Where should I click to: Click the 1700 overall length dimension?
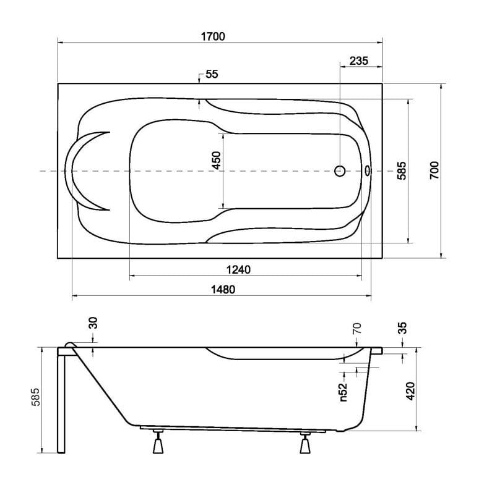[213, 36]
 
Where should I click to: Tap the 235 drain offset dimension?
[359, 61]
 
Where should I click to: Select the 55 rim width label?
[212, 74]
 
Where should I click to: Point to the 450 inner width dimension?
[217, 161]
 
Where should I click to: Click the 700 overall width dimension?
[434, 170]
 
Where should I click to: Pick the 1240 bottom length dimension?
[238, 269]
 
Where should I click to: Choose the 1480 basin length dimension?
[223, 289]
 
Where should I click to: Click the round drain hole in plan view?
[340, 171]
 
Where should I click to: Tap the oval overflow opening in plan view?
[367, 171]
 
